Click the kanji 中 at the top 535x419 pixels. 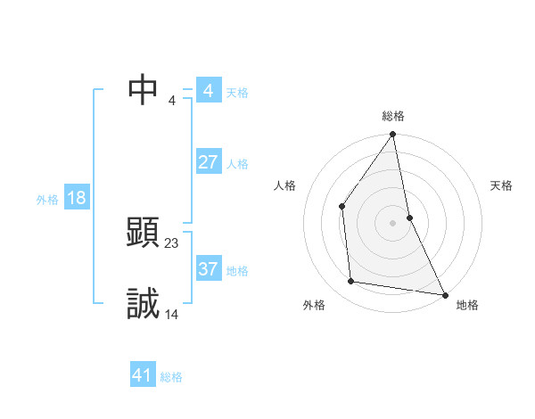(144, 88)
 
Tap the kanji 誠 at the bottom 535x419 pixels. (144, 304)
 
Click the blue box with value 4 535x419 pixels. (209, 91)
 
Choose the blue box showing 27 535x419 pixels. (209, 162)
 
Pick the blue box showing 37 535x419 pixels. (209, 269)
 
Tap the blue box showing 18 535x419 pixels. (77, 198)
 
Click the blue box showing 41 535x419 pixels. (143, 375)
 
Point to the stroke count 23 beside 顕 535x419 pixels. (172, 242)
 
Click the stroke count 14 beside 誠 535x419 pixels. (172, 314)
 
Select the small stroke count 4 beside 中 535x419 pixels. (172, 100)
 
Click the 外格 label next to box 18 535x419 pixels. (47, 200)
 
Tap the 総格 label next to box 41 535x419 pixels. (171, 377)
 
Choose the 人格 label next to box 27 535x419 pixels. (237, 164)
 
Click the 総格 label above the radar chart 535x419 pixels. (393, 116)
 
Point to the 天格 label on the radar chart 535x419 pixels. (502, 185)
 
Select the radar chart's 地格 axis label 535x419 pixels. (467, 305)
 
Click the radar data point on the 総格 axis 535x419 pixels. (393, 135)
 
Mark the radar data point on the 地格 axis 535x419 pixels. (444, 293)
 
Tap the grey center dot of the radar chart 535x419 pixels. (393, 222)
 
